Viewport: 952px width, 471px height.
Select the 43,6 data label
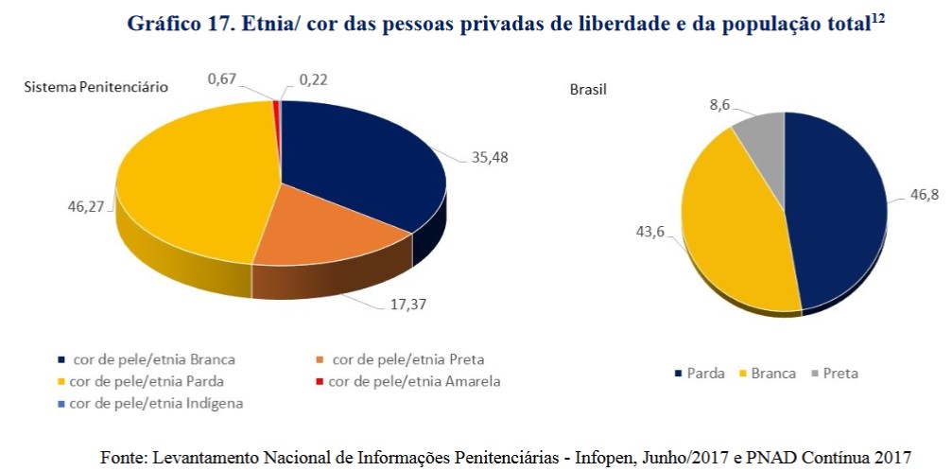pos(650,233)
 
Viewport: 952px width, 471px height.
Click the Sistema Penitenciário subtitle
pos(95,87)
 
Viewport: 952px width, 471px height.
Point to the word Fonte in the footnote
pos(122,457)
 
